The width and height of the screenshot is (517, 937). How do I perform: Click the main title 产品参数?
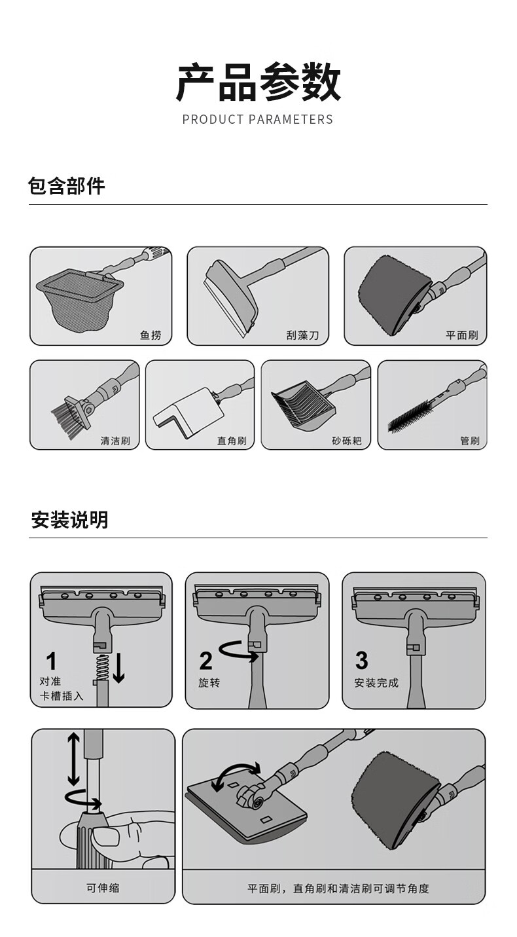(x=258, y=82)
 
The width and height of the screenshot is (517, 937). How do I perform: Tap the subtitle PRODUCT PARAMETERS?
(x=257, y=120)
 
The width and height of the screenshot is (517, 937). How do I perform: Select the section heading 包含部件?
(x=66, y=186)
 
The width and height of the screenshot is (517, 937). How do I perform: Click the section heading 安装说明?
(x=70, y=520)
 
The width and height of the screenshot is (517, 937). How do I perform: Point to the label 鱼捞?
(x=151, y=335)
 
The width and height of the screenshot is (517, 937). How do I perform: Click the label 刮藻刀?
(x=302, y=335)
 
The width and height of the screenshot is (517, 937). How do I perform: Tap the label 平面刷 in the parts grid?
(x=462, y=335)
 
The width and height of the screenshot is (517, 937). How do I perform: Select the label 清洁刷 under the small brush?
(x=115, y=441)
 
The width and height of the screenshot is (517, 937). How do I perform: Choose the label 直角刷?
(x=232, y=441)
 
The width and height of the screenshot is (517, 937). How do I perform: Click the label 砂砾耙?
(x=346, y=441)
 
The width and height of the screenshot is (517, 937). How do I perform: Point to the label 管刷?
(x=470, y=441)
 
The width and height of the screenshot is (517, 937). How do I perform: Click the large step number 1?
(x=52, y=661)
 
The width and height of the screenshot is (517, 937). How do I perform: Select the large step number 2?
(x=205, y=661)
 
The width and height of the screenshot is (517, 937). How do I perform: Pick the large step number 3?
(x=362, y=661)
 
